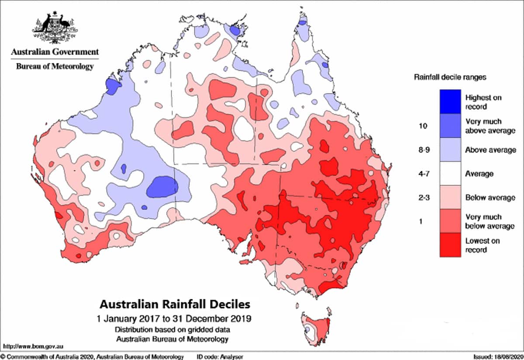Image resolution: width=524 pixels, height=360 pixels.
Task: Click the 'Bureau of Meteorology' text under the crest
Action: (x=55, y=66)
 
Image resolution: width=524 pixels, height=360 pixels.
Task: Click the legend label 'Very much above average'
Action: (x=483, y=126)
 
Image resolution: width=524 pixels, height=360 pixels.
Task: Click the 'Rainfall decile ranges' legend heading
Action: (x=450, y=77)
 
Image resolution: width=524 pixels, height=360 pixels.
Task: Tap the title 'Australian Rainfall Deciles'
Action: (x=176, y=303)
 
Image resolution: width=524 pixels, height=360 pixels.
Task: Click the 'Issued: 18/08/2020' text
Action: (x=497, y=357)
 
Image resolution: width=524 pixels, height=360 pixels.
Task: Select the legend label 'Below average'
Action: (x=490, y=197)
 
